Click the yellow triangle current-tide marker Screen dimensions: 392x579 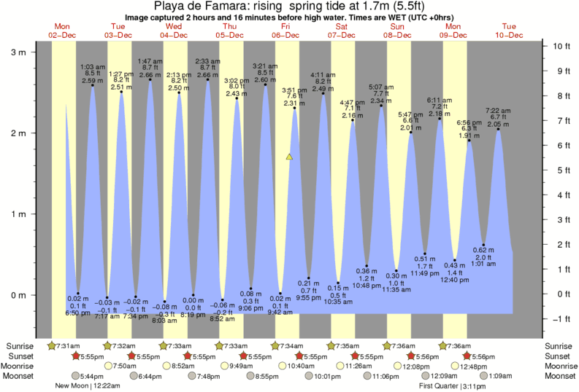pos(290,157)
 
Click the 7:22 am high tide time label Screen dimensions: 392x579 pos(498,110)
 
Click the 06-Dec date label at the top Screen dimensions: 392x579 pos(285,35)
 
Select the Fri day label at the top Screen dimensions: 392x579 pos(285,26)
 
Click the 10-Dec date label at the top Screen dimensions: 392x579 pos(509,35)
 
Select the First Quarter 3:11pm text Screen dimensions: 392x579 pos(472,385)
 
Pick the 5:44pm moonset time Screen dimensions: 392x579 pos(91,376)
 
